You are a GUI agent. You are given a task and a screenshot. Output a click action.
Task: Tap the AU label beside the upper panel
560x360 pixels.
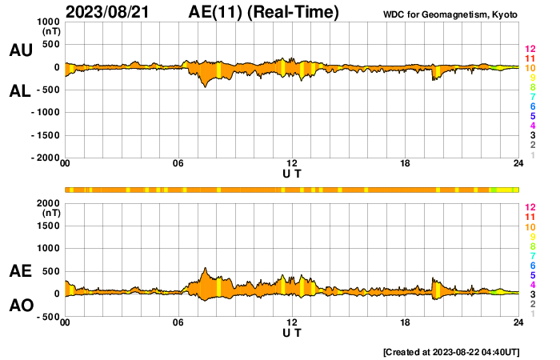coord(21,50)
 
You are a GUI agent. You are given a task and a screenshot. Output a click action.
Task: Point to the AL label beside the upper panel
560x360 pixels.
coord(21,91)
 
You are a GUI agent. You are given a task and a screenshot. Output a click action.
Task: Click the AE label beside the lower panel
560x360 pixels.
coord(21,272)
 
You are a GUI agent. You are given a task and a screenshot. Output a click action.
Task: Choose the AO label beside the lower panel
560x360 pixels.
coord(21,306)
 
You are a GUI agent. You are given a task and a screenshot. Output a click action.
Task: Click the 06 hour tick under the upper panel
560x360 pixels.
coord(178,164)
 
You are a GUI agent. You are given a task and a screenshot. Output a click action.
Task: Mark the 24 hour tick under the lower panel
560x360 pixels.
coord(518,322)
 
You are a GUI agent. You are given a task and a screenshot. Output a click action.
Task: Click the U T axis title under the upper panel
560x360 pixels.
coord(292,173)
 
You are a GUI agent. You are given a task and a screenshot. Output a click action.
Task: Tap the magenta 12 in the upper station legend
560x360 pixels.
coord(530,50)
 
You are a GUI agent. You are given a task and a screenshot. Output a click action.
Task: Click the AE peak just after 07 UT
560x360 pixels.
coord(206,269)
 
